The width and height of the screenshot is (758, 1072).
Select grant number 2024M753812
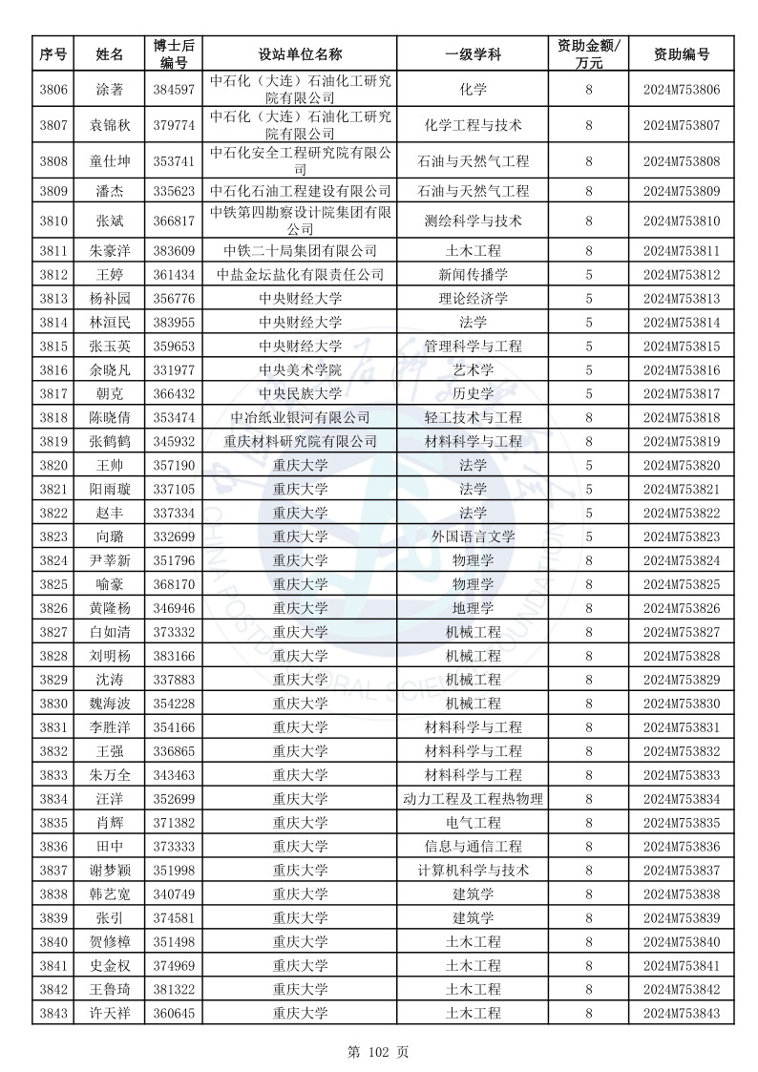[681, 275]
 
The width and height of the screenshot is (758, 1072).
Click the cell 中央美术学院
[300, 369]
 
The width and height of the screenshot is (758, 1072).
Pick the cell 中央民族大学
[300, 393]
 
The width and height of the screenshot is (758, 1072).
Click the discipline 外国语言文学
[473, 536]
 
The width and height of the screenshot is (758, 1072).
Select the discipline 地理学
[473, 608]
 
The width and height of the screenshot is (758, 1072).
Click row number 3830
[53, 704]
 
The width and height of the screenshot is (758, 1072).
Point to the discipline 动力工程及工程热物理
[473, 799]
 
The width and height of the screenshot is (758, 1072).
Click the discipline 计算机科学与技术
[473, 870]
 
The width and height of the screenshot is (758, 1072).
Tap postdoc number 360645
[173, 1013]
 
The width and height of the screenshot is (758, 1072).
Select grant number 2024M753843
[681, 1013]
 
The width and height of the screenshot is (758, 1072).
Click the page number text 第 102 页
[378, 1052]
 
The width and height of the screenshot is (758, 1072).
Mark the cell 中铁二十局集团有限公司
[300, 251]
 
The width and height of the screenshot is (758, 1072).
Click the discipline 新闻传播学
[473, 275]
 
